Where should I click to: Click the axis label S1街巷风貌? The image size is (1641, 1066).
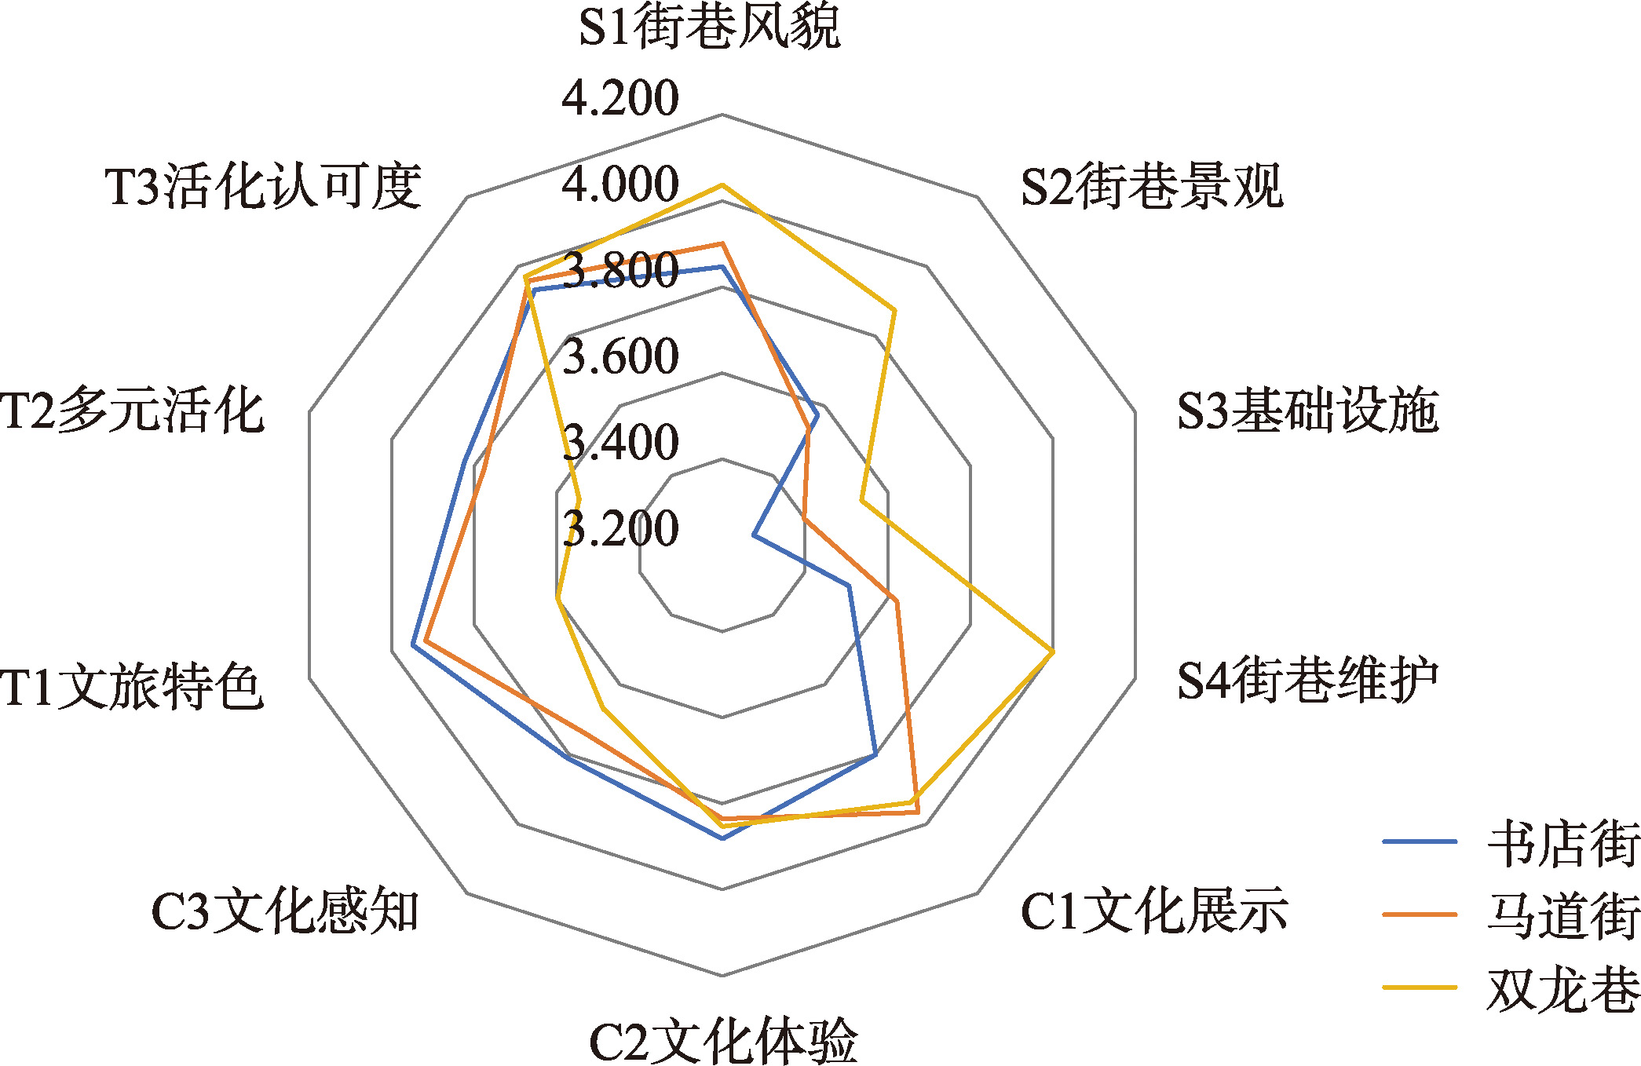point(709,27)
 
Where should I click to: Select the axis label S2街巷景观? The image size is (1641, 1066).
point(1152,186)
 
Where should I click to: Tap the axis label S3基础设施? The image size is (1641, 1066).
point(1308,410)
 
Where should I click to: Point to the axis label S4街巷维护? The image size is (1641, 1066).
point(1308,680)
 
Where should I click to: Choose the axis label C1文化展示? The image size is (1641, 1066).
point(1154,911)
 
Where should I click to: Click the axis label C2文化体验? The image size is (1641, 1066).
point(723,1041)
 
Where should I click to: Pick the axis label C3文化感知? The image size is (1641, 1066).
point(285,911)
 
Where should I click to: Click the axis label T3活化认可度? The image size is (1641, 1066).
point(264,186)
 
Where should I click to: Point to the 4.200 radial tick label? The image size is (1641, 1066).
point(620,98)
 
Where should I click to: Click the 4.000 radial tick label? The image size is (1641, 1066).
point(620,184)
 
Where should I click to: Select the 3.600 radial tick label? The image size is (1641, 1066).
point(620,356)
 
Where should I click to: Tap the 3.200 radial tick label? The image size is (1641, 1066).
point(620,528)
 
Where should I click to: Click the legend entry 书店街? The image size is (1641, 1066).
point(1511,843)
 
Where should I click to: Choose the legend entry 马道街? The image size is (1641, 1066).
point(1511,915)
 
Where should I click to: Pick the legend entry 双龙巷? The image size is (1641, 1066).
point(1511,988)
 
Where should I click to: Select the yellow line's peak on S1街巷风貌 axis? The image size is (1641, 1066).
point(722,185)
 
